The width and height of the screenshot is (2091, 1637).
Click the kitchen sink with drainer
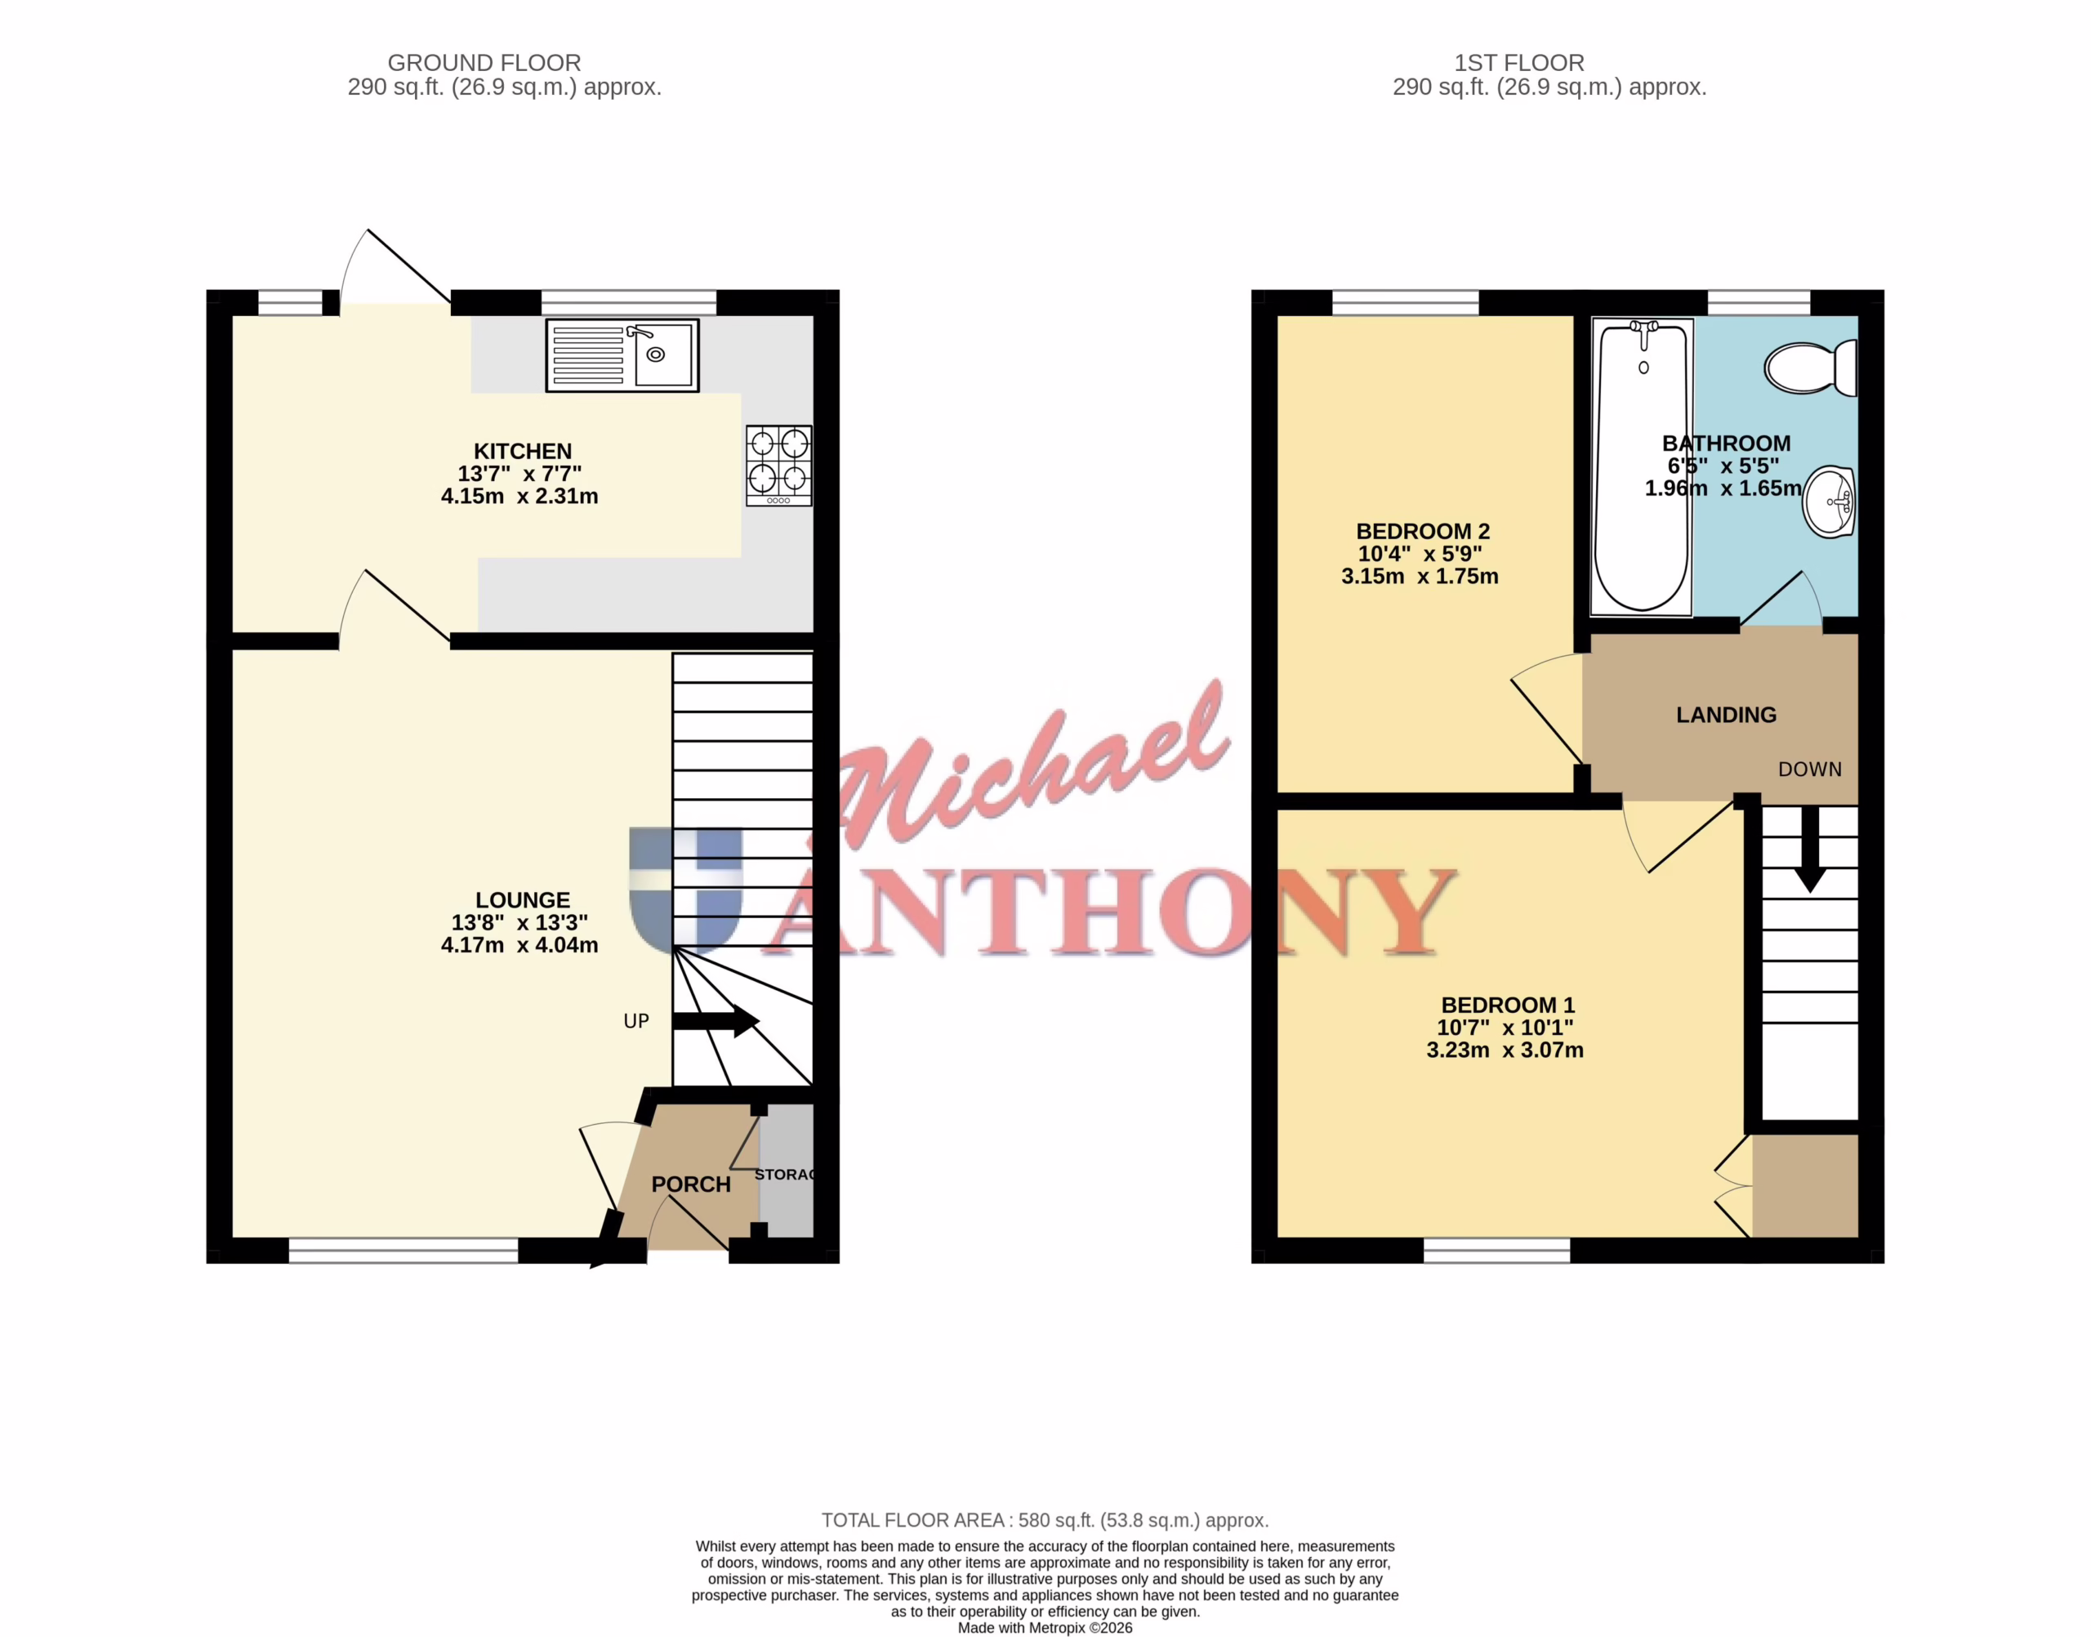tap(622, 355)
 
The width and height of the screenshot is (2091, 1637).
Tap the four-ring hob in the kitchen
tap(779, 465)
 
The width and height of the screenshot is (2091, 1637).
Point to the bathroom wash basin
tap(1830, 502)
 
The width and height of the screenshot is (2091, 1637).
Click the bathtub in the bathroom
tap(1642, 466)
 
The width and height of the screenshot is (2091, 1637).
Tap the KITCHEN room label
tap(522, 450)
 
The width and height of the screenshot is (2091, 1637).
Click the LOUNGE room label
tap(522, 900)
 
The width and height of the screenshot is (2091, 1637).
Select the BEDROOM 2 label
tap(1422, 531)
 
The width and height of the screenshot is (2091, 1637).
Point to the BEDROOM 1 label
tap(1507, 1005)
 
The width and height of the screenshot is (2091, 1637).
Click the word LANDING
tap(1726, 714)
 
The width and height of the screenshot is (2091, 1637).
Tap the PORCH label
tap(691, 1184)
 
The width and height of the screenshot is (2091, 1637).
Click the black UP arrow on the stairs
tap(716, 1021)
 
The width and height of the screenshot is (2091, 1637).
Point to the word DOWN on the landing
tap(1809, 769)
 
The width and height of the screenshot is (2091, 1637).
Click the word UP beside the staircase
tap(636, 1021)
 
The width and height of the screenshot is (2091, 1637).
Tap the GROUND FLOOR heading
tap(484, 62)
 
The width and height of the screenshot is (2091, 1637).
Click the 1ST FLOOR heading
tap(1519, 62)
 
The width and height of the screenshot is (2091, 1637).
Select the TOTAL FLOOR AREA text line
tap(1045, 1520)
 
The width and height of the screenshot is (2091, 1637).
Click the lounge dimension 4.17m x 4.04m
tap(519, 945)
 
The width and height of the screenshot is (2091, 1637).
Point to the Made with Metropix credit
tap(1045, 1627)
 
